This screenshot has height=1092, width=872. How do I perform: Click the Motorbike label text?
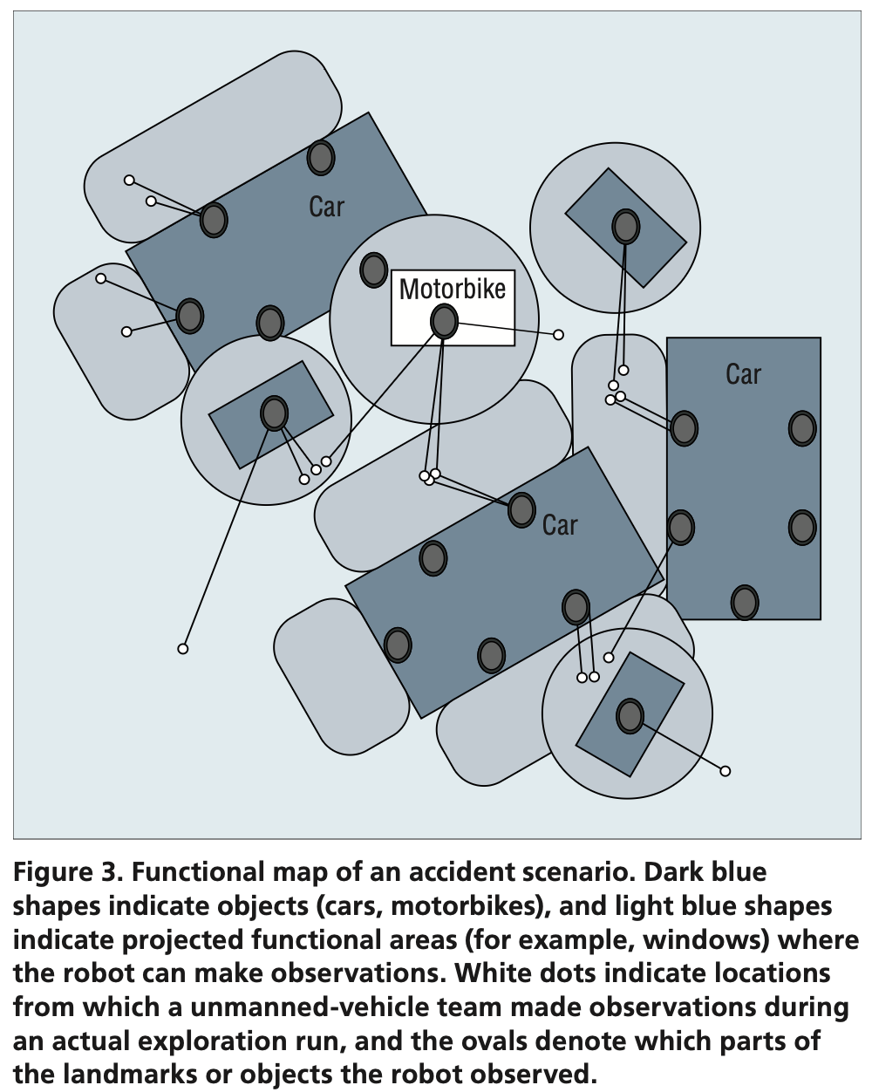pyautogui.click(x=452, y=289)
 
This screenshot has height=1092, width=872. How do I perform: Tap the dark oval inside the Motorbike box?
pyautogui.click(x=444, y=322)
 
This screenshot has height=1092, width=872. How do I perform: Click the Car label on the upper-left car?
pyautogui.click(x=327, y=207)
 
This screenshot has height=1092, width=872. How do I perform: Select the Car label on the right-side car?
pyautogui.click(x=743, y=374)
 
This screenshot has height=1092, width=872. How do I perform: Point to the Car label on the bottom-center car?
pyautogui.click(x=560, y=525)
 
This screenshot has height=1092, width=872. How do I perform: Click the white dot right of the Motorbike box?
pyautogui.click(x=558, y=335)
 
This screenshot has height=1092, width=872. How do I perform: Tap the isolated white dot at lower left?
pyautogui.click(x=182, y=649)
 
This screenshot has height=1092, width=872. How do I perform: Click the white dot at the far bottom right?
pyautogui.click(x=725, y=771)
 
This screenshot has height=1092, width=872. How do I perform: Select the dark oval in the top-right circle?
pyautogui.click(x=625, y=227)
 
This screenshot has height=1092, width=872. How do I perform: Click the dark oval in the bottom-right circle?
pyautogui.click(x=630, y=716)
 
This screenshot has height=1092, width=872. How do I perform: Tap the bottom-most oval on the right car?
pyautogui.click(x=744, y=602)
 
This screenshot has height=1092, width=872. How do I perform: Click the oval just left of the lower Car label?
pyautogui.click(x=521, y=509)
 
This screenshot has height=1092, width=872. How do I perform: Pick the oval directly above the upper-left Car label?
pyautogui.click(x=321, y=158)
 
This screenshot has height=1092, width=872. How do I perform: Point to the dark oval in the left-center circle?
pyautogui.click(x=275, y=413)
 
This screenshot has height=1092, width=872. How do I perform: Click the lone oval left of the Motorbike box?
pyautogui.click(x=374, y=270)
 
